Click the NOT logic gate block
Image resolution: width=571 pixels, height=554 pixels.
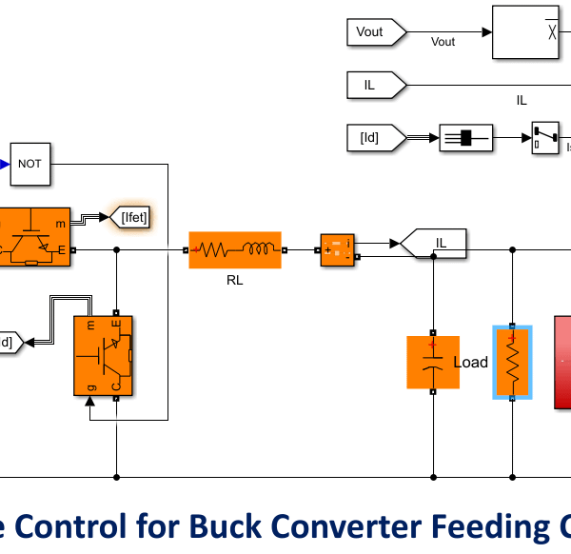click(x=30, y=164)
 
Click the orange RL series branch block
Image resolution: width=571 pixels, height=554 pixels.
click(x=235, y=250)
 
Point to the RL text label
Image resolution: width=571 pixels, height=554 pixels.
click(x=235, y=281)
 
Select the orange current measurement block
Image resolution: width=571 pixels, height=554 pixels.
click(x=336, y=250)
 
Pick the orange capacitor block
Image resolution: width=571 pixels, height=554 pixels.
click(x=432, y=362)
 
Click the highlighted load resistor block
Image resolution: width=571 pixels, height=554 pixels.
click(x=512, y=362)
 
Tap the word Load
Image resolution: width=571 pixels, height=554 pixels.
click(x=470, y=363)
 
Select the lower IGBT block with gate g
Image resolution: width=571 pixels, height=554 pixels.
click(x=103, y=355)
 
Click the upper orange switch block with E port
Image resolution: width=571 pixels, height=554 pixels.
click(x=35, y=237)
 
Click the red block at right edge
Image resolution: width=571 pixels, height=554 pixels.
click(x=562, y=362)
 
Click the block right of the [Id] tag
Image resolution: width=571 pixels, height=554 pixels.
click(x=465, y=138)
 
